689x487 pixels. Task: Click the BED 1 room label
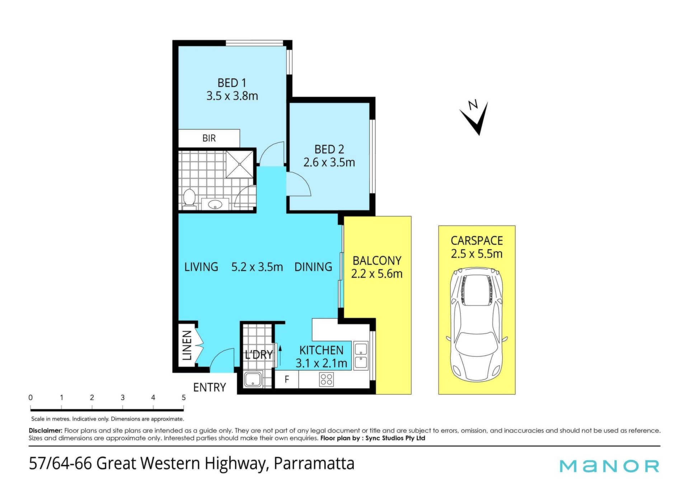pos(232,83)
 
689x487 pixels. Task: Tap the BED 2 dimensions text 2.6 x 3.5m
pos(329,162)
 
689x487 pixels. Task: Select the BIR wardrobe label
pos(209,138)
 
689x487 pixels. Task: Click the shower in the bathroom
pos(239,164)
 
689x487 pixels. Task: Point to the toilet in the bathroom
pos(189,199)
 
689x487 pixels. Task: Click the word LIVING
pos(201,267)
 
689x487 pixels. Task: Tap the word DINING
pos(313,267)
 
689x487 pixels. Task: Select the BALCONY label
pos(377,261)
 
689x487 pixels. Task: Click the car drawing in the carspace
pos(477,324)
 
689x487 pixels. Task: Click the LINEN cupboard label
pos(187,345)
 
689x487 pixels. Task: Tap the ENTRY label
pos(210,387)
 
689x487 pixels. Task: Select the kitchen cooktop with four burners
pos(326,380)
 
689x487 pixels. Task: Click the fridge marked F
pos(287,379)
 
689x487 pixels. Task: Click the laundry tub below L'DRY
pos(253,380)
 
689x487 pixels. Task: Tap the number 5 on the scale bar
pos(184,397)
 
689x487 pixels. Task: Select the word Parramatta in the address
pos(314,463)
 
